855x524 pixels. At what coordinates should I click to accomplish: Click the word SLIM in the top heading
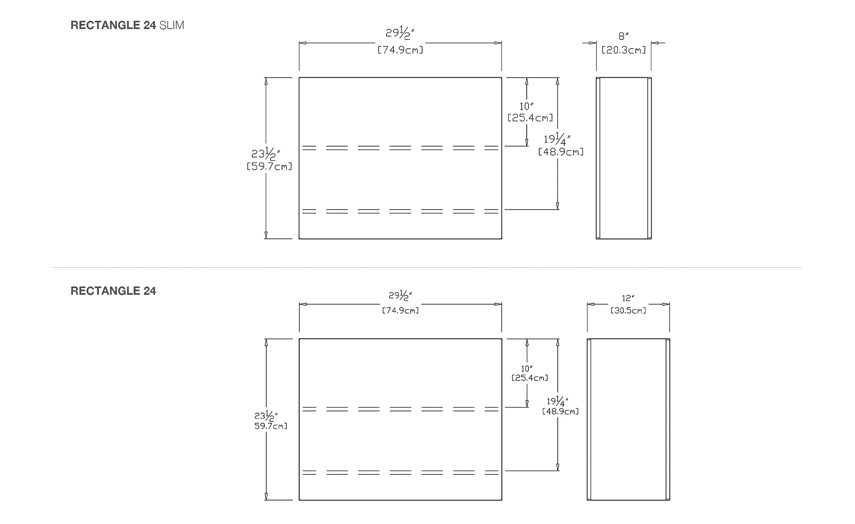click(x=172, y=25)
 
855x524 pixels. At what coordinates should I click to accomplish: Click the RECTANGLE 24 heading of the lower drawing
click(x=113, y=291)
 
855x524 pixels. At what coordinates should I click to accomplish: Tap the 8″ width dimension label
click(x=623, y=36)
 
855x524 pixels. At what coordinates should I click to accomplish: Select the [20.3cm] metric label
click(x=624, y=50)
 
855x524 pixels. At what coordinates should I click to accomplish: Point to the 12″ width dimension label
click(x=628, y=298)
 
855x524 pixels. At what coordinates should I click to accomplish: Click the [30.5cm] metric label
click(x=628, y=310)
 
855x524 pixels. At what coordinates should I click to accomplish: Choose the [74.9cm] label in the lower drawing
click(x=400, y=310)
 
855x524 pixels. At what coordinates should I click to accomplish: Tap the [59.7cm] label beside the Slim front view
click(x=270, y=166)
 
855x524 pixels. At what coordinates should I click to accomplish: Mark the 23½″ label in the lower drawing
click(x=266, y=415)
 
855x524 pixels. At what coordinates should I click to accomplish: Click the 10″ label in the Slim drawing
click(x=526, y=106)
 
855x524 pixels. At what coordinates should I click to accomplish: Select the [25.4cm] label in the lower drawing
click(x=530, y=378)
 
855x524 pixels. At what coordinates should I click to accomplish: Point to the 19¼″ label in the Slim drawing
click(x=557, y=139)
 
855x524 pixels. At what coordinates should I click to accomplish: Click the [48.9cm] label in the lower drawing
click(x=560, y=411)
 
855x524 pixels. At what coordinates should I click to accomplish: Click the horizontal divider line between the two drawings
click(x=427, y=267)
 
